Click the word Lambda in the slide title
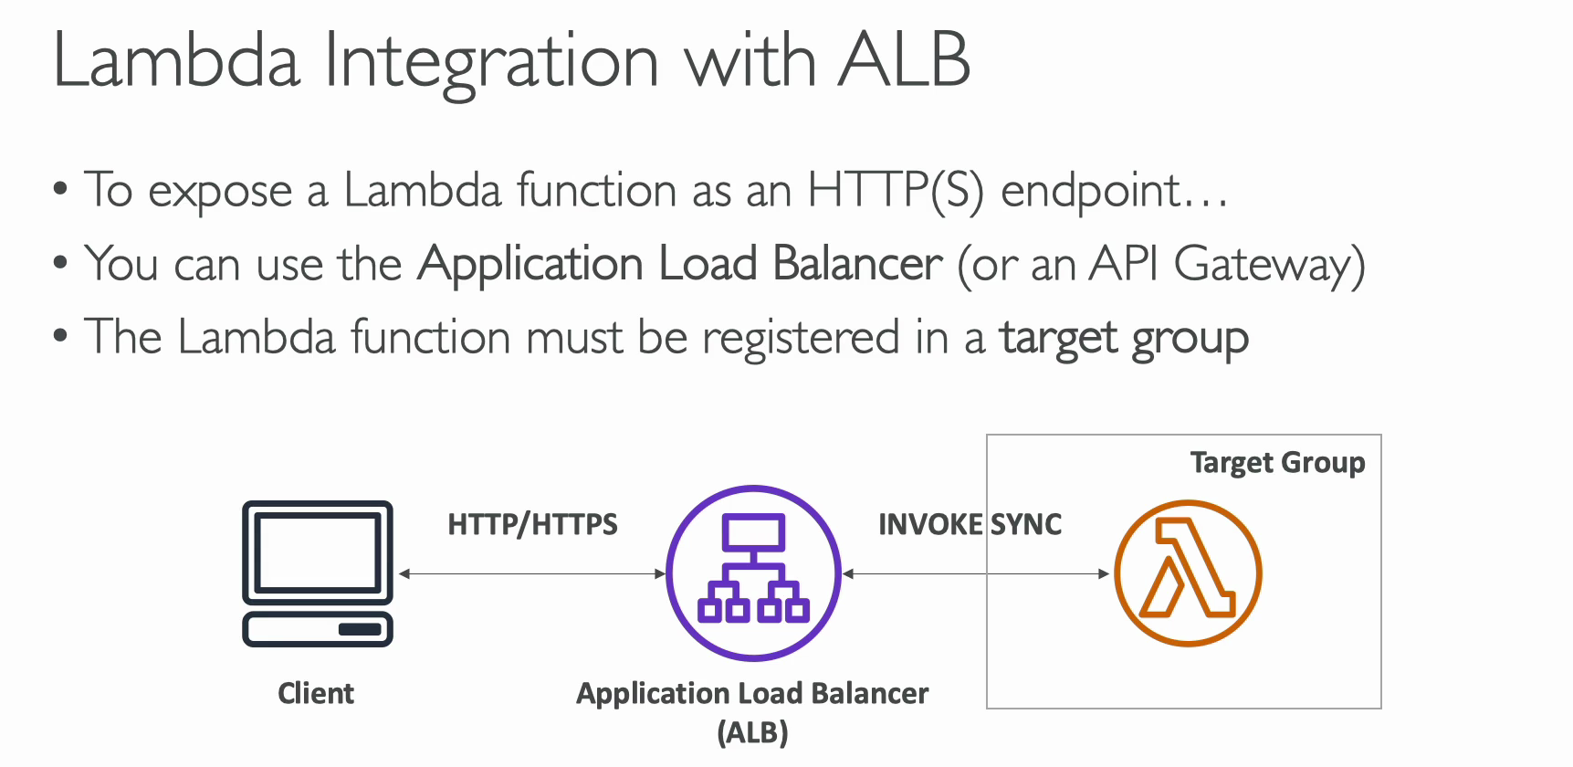pos(177,60)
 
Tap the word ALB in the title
pos(904,60)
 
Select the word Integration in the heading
pos(491,64)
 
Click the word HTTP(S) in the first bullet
pos(896,191)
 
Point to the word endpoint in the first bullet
pos(1091,192)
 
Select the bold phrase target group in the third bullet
pos(1124,340)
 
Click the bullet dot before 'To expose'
pos(60,189)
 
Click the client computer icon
pos(318,573)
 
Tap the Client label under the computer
pos(316,693)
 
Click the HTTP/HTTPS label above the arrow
pos(532,524)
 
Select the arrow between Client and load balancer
pos(532,573)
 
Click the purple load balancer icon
pos(753,573)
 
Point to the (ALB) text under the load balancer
pos(752,732)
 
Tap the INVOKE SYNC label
pos(970,524)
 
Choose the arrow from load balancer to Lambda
pos(975,573)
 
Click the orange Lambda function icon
pos(1188,573)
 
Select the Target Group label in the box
pos(1277,463)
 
